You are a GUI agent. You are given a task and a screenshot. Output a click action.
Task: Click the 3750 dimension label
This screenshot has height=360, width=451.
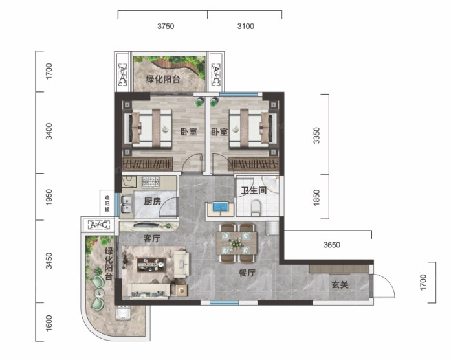click(x=166, y=27)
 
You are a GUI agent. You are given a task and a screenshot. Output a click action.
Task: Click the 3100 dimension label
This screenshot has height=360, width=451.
click(x=246, y=27)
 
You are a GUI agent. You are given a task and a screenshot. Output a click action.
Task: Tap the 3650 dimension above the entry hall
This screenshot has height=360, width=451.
click(x=332, y=245)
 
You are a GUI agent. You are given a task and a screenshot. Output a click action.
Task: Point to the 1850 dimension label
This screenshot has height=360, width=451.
click(x=316, y=197)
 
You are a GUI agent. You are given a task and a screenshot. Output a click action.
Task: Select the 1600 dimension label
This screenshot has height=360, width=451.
click(x=49, y=323)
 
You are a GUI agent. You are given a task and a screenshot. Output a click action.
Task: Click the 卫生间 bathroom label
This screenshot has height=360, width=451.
click(x=254, y=190)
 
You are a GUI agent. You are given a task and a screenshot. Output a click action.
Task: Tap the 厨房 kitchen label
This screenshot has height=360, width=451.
click(x=153, y=201)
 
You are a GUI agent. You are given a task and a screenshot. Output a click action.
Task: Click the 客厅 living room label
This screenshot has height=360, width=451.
click(x=151, y=238)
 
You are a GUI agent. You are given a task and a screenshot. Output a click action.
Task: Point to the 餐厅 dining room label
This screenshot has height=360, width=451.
click(x=247, y=273)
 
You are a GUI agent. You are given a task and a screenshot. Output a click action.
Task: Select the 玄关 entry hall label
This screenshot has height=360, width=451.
click(x=340, y=285)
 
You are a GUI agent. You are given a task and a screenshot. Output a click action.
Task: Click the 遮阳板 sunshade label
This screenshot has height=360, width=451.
click(x=107, y=204)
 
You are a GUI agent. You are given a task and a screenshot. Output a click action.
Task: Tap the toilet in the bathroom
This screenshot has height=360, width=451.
click(x=256, y=208)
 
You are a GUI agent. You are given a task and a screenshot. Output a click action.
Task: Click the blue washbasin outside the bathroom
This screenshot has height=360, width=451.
click(x=220, y=207)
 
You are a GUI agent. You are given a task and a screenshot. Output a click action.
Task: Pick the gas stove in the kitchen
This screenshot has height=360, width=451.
click(x=150, y=182)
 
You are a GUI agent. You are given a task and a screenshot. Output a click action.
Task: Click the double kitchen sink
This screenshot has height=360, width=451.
click(x=126, y=204)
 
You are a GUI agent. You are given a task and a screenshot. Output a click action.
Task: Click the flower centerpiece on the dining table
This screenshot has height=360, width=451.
click(x=236, y=243)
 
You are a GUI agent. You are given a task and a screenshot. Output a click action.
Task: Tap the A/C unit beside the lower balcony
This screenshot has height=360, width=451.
click(x=98, y=225)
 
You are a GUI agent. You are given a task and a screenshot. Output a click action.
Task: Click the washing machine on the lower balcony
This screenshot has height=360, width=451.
click(x=124, y=313)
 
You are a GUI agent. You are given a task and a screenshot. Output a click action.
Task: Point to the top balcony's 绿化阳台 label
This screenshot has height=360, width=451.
click(x=163, y=80)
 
